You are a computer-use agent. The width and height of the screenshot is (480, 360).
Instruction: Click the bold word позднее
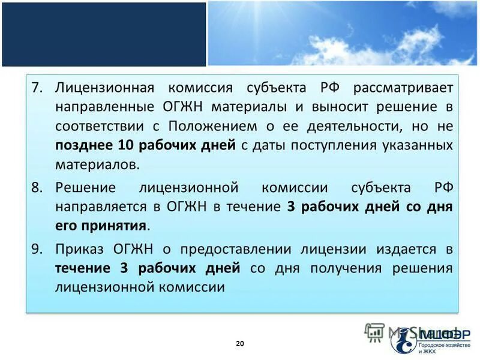[86, 146]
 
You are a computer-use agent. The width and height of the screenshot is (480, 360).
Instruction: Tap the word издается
[400, 248]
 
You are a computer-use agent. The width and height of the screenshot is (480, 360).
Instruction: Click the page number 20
[240, 344]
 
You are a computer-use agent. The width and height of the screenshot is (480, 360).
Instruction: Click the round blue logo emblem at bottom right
[403, 340]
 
